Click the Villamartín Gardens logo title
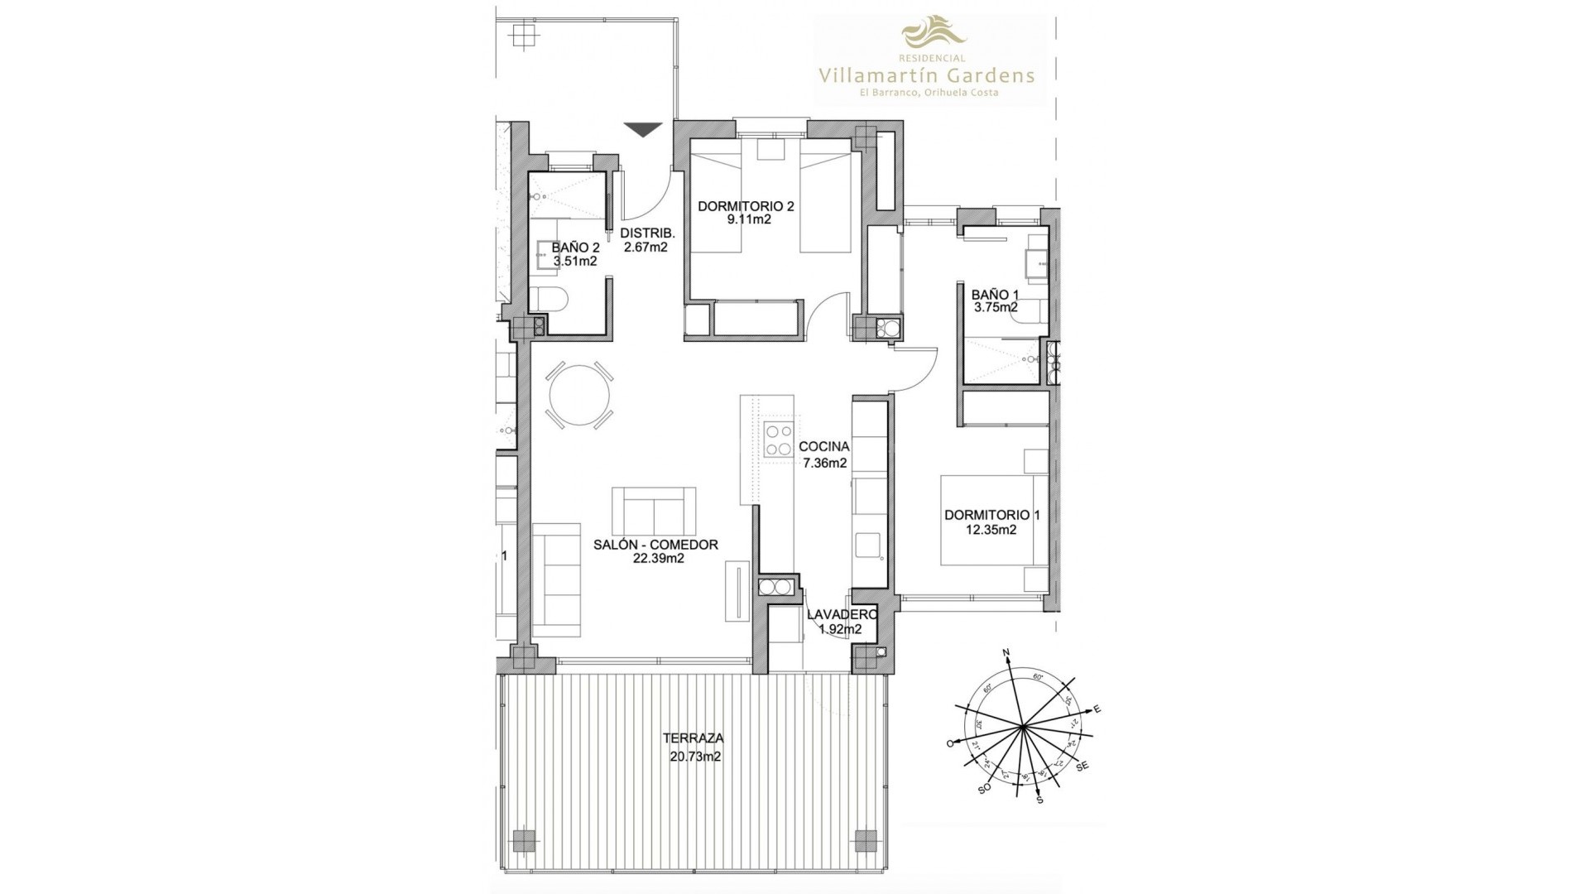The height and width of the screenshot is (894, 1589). pyautogui.click(x=926, y=75)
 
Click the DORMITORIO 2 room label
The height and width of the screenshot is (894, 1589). pyautogui.click(x=746, y=206)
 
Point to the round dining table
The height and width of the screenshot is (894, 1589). pyautogui.click(x=579, y=397)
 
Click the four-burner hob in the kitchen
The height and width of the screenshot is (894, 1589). pyautogui.click(x=777, y=440)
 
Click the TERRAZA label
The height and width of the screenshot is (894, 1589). pyautogui.click(x=694, y=738)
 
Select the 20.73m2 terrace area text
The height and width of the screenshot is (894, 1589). pyautogui.click(x=695, y=756)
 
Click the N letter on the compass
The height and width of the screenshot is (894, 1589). pyautogui.click(x=1007, y=655)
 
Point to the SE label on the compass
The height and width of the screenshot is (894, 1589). pyautogui.click(x=1082, y=767)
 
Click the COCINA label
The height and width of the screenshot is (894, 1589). pyautogui.click(x=824, y=447)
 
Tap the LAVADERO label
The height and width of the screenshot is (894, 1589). pyautogui.click(x=842, y=614)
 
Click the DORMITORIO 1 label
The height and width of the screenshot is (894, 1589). pyautogui.click(x=991, y=515)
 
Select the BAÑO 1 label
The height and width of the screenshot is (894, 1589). pyautogui.click(x=995, y=294)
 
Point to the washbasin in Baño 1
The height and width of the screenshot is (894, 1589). pyautogui.click(x=1035, y=264)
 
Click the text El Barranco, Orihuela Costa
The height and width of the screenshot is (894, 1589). pyautogui.click(x=926, y=93)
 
